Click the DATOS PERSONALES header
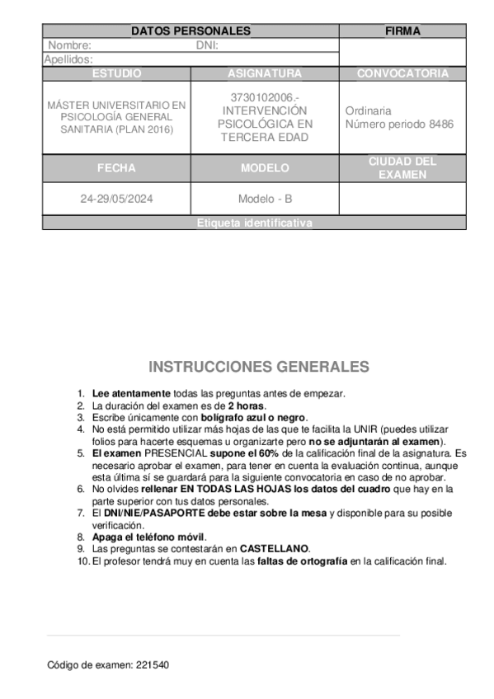[191, 31]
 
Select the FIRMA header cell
[402, 31]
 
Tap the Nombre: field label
[69, 46]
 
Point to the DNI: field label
[207, 46]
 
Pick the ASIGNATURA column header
[265, 73]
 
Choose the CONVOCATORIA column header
[402, 73]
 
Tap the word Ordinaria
[369, 110]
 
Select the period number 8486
[441, 124]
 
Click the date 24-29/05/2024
[116, 199]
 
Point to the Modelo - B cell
[265, 199]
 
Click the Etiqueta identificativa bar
[254, 223]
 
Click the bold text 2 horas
[247, 406]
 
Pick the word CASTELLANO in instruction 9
[275, 548]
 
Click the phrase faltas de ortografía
[303, 561]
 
